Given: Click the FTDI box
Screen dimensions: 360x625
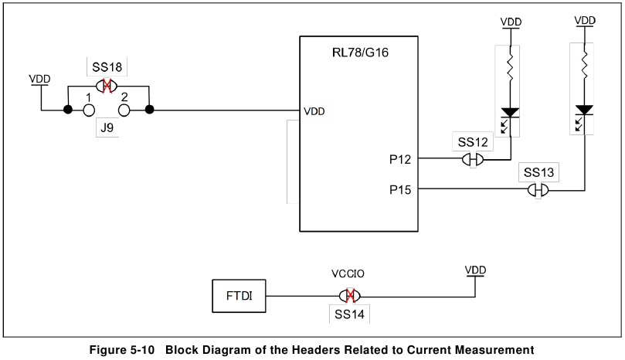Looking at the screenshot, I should (239, 295).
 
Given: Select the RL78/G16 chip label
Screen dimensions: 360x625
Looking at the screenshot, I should (360, 53).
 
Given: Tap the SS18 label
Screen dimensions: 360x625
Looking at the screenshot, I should (106, 67).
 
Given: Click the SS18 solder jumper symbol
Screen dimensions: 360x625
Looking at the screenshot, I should (107, 86).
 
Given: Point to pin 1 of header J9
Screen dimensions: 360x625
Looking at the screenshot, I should (90, 110).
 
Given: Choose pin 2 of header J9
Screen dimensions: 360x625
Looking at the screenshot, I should (124, 110).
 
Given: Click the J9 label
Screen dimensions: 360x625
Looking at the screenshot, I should (107, 128).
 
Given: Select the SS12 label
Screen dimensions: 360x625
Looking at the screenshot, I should (473, 142).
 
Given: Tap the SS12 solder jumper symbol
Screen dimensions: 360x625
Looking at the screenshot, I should (473, 160).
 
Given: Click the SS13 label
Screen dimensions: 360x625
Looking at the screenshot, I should (538, 172).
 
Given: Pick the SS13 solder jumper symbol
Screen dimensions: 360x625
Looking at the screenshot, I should (538, 189).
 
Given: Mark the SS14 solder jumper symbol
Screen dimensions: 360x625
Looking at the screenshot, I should (350, 296).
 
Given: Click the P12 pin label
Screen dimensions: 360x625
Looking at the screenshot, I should (402, 160).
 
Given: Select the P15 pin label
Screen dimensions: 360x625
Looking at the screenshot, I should (402, 189).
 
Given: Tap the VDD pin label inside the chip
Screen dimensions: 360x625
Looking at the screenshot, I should (314, 111).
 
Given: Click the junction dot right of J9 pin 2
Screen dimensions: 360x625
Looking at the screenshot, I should (150, 110).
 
